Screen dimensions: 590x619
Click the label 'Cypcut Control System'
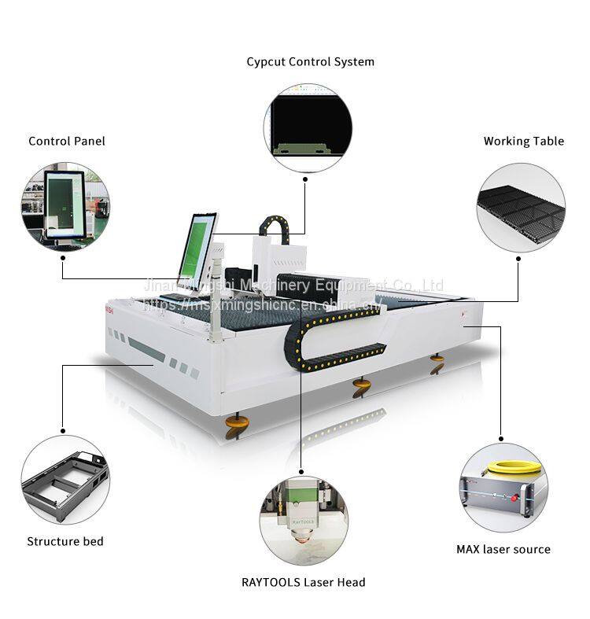310,61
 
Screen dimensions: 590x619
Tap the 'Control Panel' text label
67,141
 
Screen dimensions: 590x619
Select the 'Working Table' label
523,142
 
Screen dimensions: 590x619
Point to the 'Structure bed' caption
65,541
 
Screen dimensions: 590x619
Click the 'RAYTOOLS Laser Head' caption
303,582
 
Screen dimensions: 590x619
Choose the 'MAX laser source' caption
503,549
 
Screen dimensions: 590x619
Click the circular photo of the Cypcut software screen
308,127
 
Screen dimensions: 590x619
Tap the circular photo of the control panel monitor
65,208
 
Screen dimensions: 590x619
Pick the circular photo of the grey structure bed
65,481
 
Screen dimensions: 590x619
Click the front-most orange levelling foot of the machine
237,426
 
